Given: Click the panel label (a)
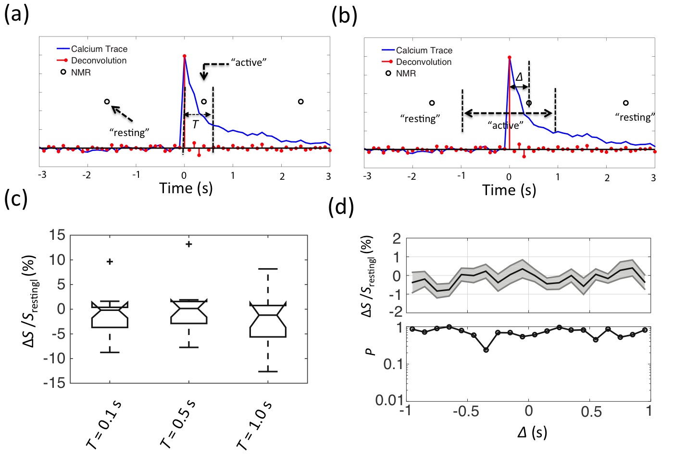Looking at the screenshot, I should pos(16,14).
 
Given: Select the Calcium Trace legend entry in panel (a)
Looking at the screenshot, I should pos(99,49).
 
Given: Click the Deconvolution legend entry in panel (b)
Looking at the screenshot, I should pos(424,62).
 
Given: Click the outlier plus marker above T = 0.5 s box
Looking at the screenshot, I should pos(189,244).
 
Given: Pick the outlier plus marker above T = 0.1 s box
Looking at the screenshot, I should pos(110,261).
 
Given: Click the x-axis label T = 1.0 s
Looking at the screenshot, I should pos(255,425).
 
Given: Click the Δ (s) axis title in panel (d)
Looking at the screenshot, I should pos(532,433).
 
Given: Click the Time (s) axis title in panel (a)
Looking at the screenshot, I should pos(186,188).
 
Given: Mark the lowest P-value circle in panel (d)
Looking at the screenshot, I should pos(486,350).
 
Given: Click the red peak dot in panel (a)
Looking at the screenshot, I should pos(184,56).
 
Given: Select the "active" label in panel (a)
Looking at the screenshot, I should pos(249,62).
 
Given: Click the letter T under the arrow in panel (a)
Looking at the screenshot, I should pos(195,124).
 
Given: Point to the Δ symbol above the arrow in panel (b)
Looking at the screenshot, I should pos(519,77).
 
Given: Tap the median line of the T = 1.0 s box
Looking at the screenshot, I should pos(268,315).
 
